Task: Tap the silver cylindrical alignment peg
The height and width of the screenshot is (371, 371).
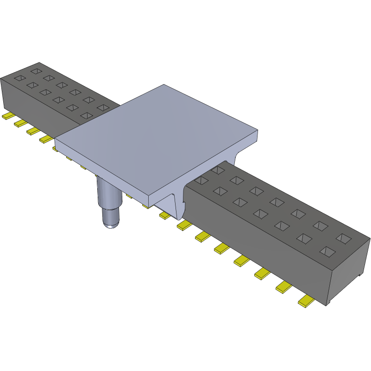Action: click(108, 199)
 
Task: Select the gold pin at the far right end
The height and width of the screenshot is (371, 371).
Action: click(306, 302)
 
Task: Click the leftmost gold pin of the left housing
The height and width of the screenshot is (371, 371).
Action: click(8, 116)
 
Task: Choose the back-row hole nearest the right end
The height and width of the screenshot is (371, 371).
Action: click(344, 239)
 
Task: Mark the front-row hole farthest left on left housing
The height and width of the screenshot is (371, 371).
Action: click(19, 78)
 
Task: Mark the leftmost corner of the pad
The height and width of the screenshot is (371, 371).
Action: click(55, 138)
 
